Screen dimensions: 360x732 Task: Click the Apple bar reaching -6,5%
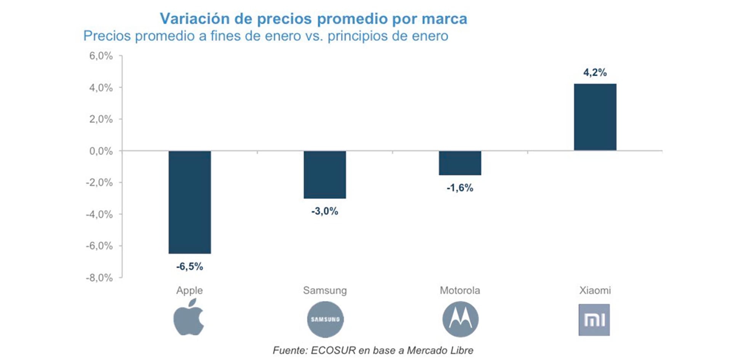(189, 202)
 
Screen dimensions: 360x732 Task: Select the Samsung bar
(325, 175)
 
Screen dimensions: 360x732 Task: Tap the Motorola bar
(460, 163)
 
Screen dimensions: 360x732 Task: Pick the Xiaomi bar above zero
(595, 117)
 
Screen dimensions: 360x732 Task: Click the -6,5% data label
(189, 267)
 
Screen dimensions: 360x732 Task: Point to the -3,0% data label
(325, 211)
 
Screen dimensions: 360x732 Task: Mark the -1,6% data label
(460, 188)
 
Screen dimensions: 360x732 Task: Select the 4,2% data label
(595, 72)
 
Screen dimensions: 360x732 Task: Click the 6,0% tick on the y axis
(101, 56)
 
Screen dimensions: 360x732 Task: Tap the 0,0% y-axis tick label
(101, 151)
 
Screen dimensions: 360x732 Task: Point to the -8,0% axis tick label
(99, 278)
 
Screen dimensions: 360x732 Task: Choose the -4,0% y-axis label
(99, 214)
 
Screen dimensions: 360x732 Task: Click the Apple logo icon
(189, 318)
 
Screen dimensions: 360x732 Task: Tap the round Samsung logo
(325, 319)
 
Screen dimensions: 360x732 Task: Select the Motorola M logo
(460, 319)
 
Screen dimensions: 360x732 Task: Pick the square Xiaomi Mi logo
(594, 320)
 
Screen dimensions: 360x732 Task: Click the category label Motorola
(460, 291)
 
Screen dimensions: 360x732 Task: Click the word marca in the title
(445, 19)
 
